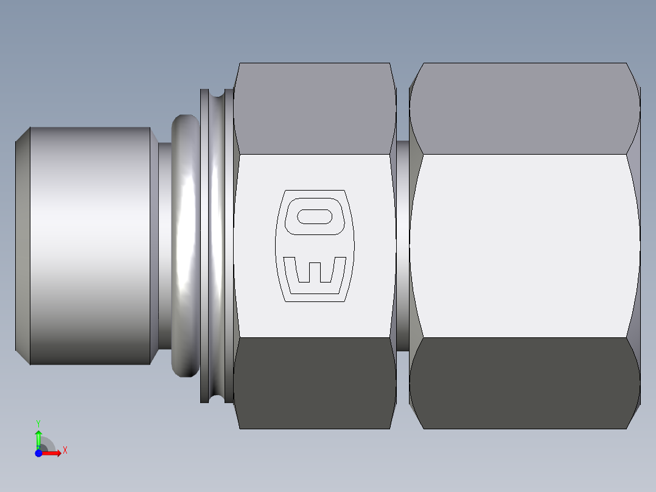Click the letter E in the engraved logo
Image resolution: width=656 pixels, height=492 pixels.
point(315,272)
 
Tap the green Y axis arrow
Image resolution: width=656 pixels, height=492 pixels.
point(38,438)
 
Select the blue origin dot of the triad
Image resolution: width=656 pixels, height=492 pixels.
point(38,453)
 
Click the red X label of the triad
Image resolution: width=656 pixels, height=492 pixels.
point(65,451)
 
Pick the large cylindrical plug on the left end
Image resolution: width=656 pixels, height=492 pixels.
point(90,246)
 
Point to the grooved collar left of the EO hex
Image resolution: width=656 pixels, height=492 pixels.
point(216,246)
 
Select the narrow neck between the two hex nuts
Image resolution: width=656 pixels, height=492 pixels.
point(402,246)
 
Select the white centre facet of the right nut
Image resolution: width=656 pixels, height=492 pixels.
point(524,246)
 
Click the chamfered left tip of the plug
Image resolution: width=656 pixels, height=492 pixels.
point(23,246)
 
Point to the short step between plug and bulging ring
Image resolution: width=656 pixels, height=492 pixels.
point(164,246)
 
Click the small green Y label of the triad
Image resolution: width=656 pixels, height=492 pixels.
point(38,422)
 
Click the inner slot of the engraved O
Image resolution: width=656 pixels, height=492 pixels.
point(315,216)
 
